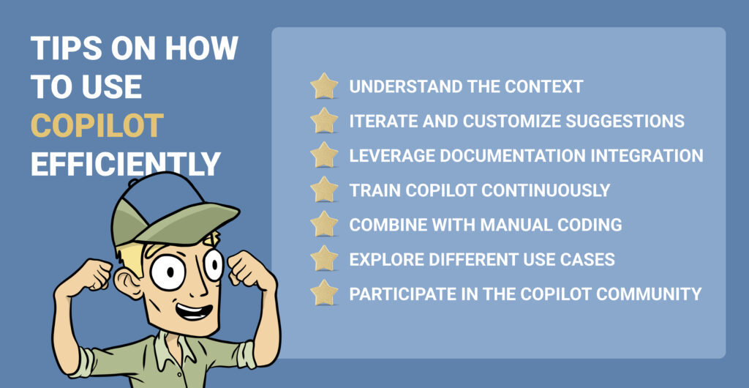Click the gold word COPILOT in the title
point(96,126)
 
